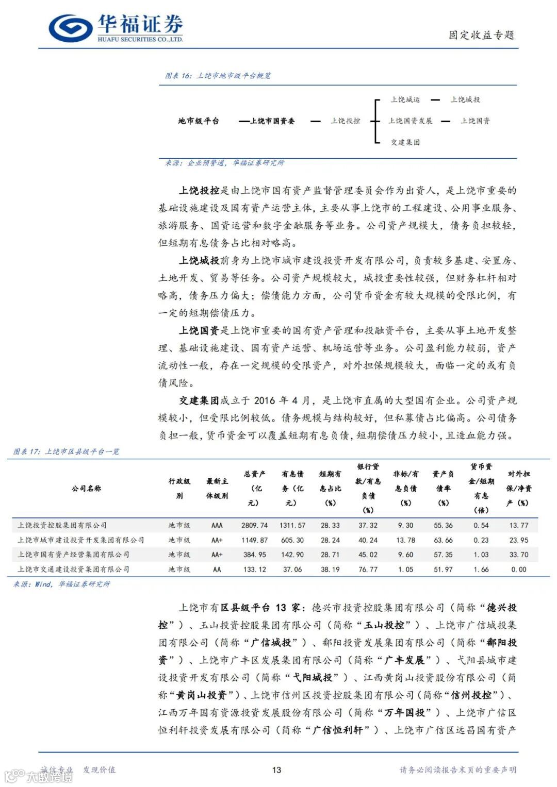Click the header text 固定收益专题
pyautogui.click(x=481, y=35)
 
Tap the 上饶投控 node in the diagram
pyautogui.click(x=346, y=121)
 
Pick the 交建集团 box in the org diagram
pyautogui.click(x=405, y=142)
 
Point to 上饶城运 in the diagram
pyautogui.click(x=405, y=100)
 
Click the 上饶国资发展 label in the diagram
pyautogui.click(x=411, y=121)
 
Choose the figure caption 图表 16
pyautogui.click(x=218, y=76)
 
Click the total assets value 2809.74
pyautogui.click(x=255, y=526)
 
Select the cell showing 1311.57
pyautogui.click(x=292, y=526)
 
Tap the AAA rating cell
pyautogui.click(x=217, y=526)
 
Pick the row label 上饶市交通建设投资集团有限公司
pyautogui.click(x=73, y=570)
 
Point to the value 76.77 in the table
pyautogui.click(x=368, y=570)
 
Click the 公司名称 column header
pyautogui.click(x=87, y=489)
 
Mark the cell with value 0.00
pyautogui.click(x=518, y=570)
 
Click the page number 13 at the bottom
pyautogui.click(x=276, y=770)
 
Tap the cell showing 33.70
pyautogui.click(x=518, y=555)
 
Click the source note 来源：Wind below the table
pyautogui.click(x=61, y=584)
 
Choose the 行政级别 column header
pyautogui.click(x=179, y=489)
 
